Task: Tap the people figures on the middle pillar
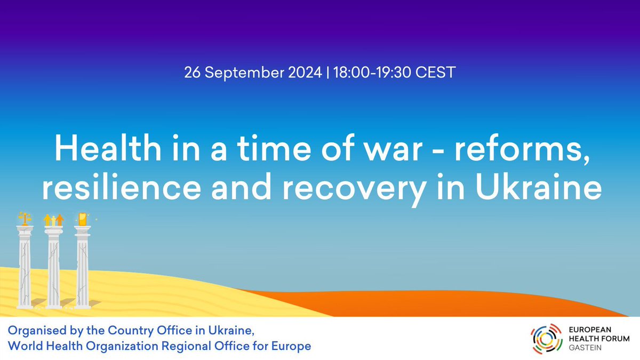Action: click(x=53, y=219)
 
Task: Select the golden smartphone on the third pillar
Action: click(x=82, y=218)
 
